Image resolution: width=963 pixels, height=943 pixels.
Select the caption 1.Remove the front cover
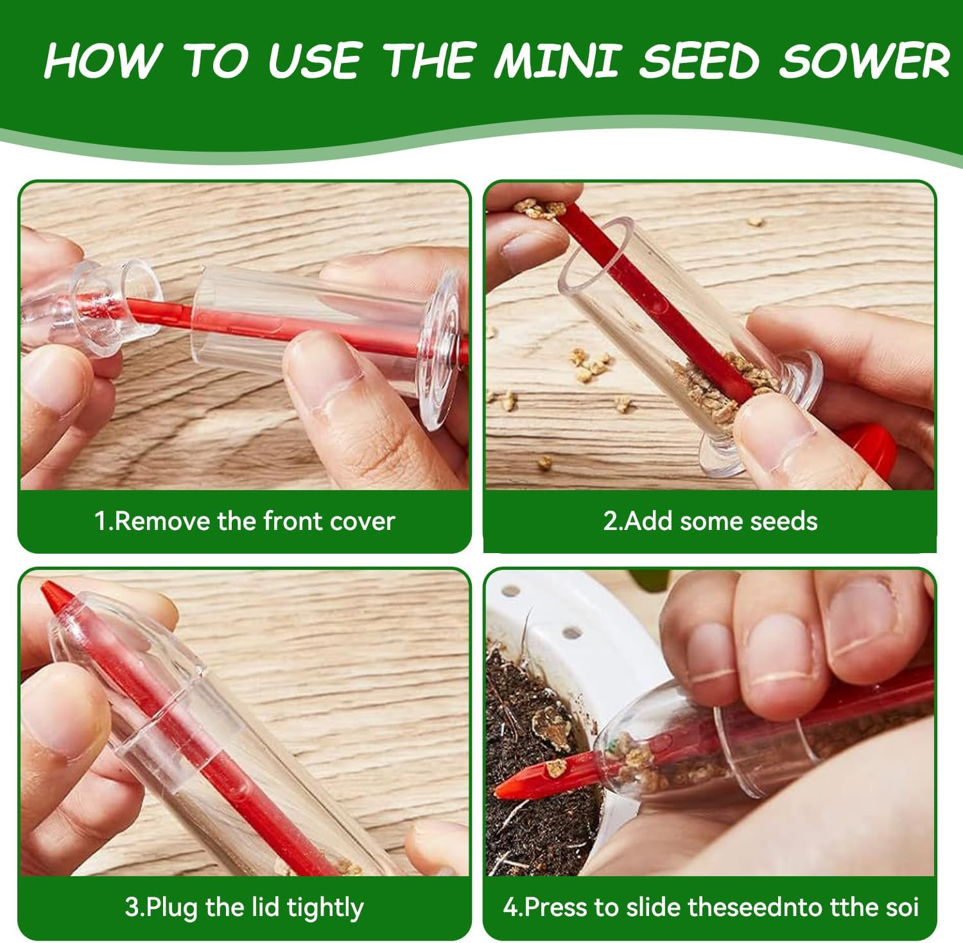pos(245,520)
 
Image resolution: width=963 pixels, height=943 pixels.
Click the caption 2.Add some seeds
pos(710,520)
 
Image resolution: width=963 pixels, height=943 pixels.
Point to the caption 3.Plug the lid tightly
pos(245,907)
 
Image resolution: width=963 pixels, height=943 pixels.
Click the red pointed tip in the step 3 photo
pos(51,594)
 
